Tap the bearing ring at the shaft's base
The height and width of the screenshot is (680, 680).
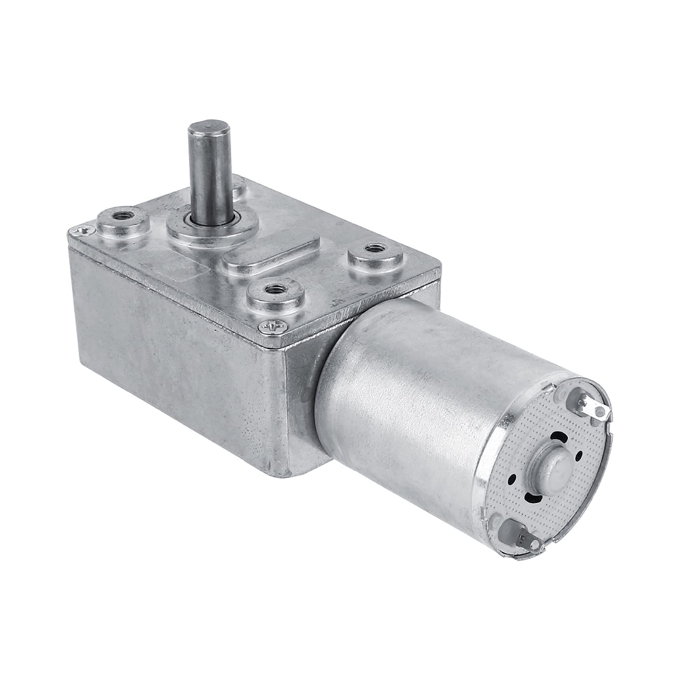tap(207, 222)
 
